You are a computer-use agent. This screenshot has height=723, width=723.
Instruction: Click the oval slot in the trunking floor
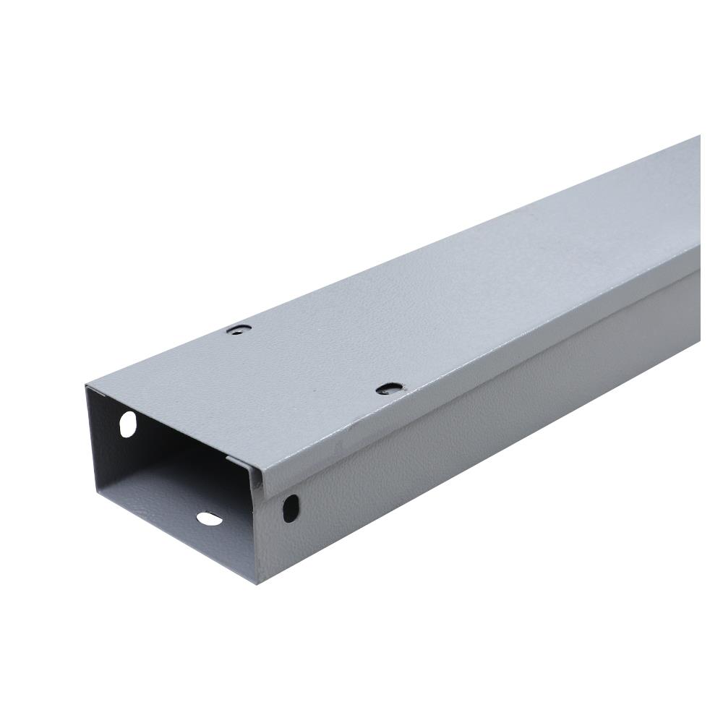(x=209, y=518)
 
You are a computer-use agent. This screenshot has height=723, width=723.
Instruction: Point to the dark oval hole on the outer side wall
(x=291, y=508)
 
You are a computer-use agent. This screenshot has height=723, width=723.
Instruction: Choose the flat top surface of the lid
(x=434, y=289)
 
